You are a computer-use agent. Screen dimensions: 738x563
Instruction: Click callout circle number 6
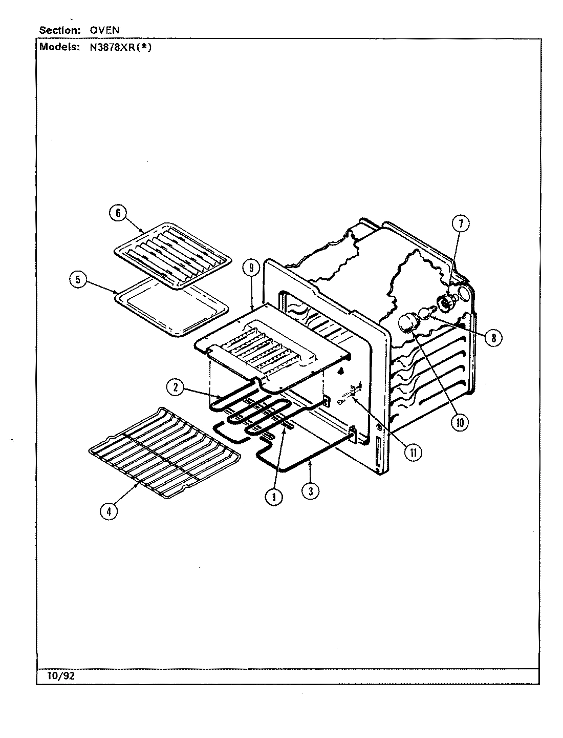coord(118,213)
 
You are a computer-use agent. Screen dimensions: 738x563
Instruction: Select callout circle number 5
coord(77,280)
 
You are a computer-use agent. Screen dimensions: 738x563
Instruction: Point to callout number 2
coord(176,387)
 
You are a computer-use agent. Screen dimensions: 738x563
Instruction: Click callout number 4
coord(108,511)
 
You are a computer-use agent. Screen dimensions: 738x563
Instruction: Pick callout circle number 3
coord(310,491)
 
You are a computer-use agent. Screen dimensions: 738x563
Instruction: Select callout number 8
coord(493,338)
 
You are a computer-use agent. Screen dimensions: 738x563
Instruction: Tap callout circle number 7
coord(460,223)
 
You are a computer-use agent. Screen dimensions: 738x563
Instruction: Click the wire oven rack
coord(164,451)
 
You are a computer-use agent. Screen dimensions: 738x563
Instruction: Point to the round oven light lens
coord(408,324)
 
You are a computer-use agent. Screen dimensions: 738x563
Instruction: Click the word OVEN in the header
coord(105,30)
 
